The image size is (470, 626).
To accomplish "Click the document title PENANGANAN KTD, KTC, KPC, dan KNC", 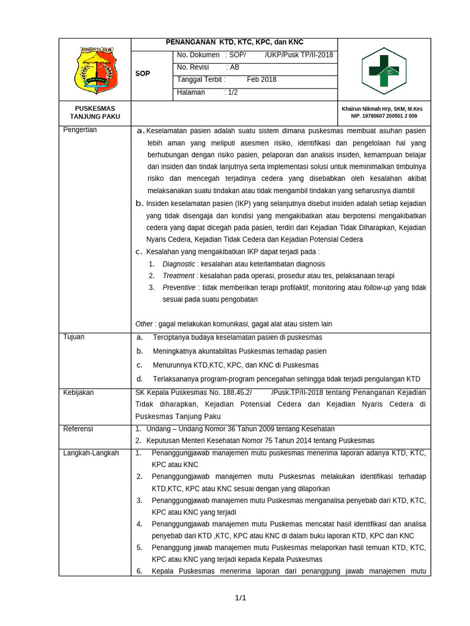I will pos(234,42).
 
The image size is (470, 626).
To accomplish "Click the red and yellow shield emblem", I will pos(94,69).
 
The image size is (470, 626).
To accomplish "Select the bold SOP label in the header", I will pos(142,73).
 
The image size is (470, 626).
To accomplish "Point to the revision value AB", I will pos(234,67).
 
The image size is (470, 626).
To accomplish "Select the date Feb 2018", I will pos(261,79).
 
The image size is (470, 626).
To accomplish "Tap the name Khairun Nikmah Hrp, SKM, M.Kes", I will pos(382,109).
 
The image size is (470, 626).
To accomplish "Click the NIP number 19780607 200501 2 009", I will pos(384,116).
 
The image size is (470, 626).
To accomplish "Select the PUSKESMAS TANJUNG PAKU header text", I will pos(95,112).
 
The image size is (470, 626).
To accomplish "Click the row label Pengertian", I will pos(80,130).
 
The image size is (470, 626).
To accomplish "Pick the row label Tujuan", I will pos(74,337).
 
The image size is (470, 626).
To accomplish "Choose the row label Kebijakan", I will pos(78,392).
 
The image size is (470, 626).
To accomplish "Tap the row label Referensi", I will pos(78,429).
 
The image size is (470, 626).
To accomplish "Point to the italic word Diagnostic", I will pos(179,263).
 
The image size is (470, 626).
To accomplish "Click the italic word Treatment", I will pos(178,276).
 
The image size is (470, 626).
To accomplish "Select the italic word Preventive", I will pos(179,287).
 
